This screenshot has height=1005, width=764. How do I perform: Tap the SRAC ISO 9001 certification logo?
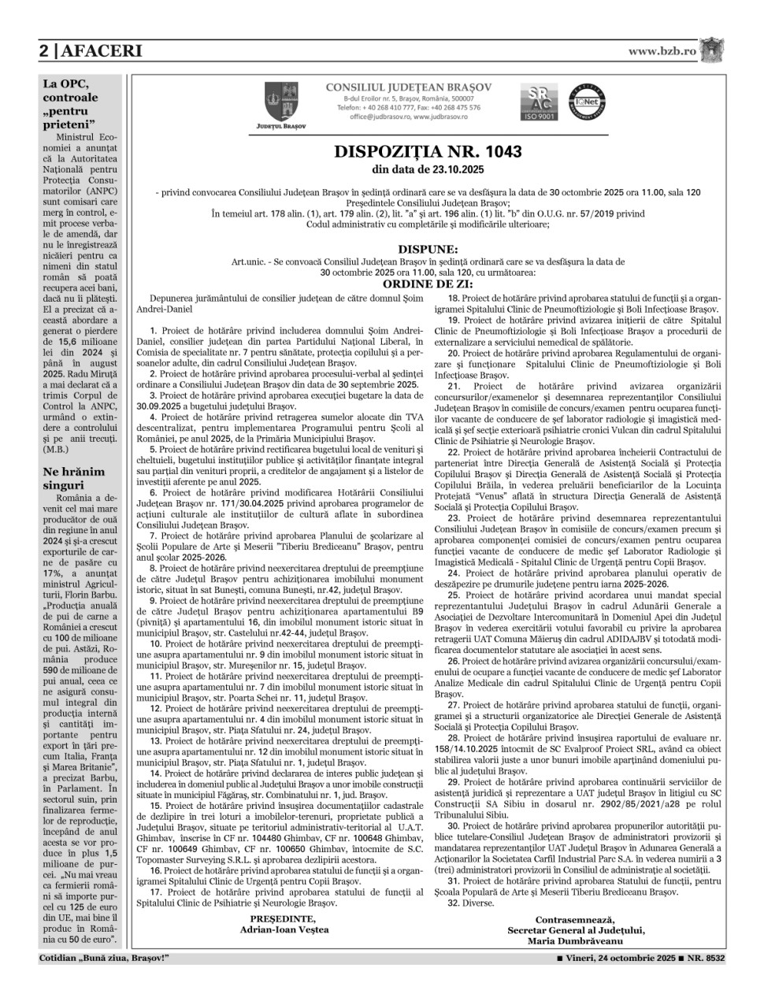pyautogui.click(x=540, y=101)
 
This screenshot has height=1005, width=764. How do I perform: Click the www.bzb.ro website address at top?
pyautogui.click(x=662, y=50)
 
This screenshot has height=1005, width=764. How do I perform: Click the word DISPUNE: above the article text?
pyautogui.click(x=428, y=248)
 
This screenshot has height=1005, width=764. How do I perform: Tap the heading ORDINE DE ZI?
pyautogui.click(x=428, y=284)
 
